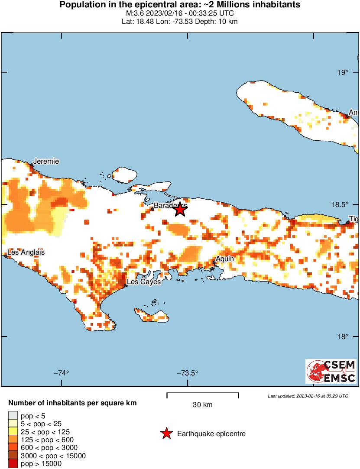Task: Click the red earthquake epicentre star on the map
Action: tap(180, 210)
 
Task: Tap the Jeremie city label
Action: tap(46, 162)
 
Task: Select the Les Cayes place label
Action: tap(143, 282)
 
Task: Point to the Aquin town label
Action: tap(225, 259)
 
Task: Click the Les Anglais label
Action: tap(26, 252)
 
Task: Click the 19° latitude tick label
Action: tap(343, 72)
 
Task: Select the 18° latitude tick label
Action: tap(343, 336)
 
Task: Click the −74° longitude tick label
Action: tap(62, 373)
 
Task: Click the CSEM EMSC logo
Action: tap(331, 371)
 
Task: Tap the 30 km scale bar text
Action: tap(202, 405)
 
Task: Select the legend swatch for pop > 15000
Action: tap(13, 463)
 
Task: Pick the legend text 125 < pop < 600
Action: tap(47, 440)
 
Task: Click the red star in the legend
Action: tap(166, 433)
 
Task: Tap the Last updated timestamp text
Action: tap(308, 396)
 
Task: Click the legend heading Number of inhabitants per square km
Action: tap(72, 403)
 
